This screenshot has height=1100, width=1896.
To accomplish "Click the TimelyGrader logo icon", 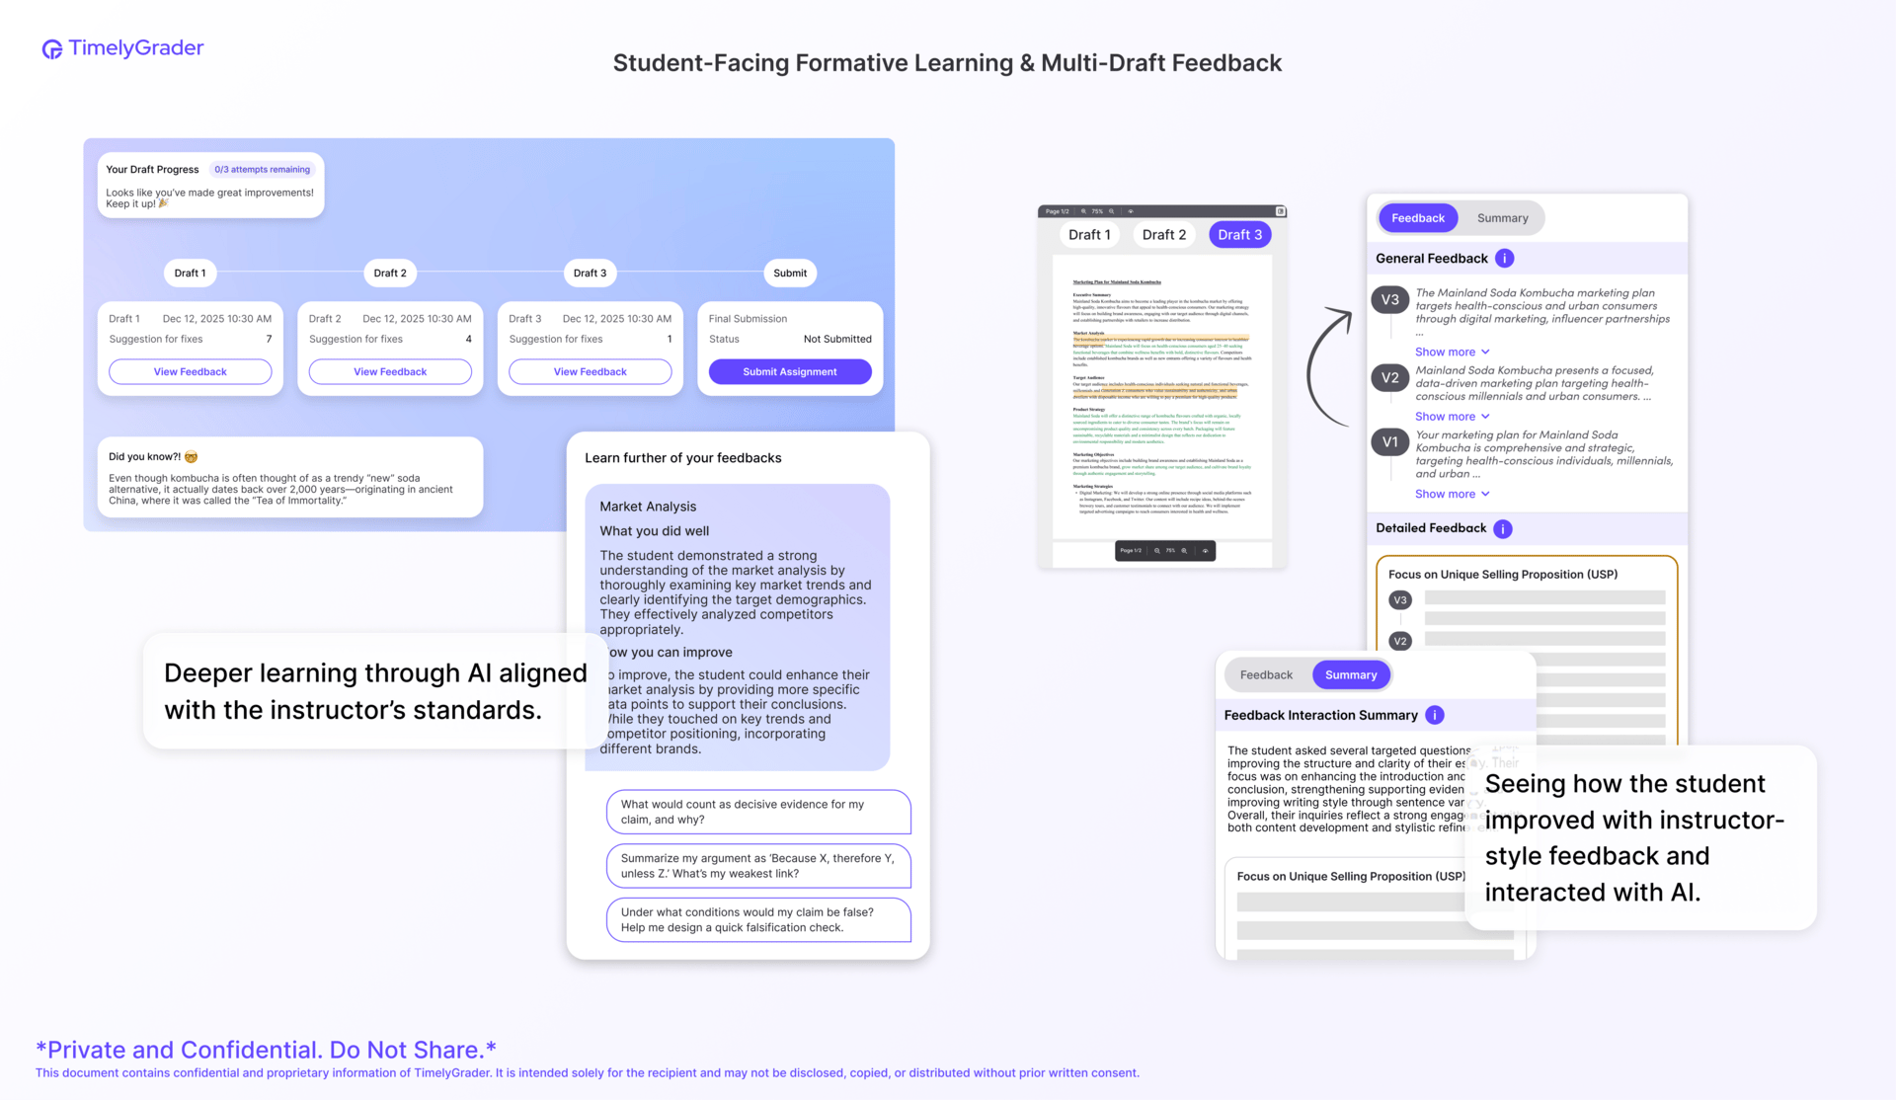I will [x=51, y=49].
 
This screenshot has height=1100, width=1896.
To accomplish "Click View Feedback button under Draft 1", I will [x=190, y=372].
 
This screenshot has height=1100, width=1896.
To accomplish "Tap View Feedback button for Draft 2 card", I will [x=390, y=372].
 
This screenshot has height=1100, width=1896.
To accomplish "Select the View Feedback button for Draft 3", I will [x=590, y=372].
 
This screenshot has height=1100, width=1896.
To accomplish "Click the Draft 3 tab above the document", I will [x=1239, y=235].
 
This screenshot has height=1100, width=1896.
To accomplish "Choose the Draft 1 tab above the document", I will [x=1089, y=235].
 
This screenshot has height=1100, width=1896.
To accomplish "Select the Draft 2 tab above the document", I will [x=1164, y=235].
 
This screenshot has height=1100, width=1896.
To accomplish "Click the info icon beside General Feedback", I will [x=1504, y=259].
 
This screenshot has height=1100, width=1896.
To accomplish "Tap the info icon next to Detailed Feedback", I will [x=1502, y=529].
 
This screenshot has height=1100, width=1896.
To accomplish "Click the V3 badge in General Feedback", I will [x=1389, y=300].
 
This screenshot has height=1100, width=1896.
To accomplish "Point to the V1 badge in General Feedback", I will [x=1389, y=442].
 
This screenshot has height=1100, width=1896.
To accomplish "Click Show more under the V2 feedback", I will [x=1452, y=417].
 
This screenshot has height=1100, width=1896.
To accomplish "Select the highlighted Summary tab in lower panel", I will [x=1350, y=675].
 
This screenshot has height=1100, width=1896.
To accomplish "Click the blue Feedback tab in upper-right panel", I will [x=1417, y=218].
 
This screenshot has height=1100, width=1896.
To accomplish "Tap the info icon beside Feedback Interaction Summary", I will [x=1435, y=716].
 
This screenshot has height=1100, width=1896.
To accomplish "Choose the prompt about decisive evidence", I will [x=757, y=812].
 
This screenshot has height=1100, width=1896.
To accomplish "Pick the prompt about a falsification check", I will [x=757, y=919].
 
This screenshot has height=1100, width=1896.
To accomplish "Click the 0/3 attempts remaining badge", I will [x=262, y=170].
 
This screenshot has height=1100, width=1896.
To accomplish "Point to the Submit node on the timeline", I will [x=789, y=274].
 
